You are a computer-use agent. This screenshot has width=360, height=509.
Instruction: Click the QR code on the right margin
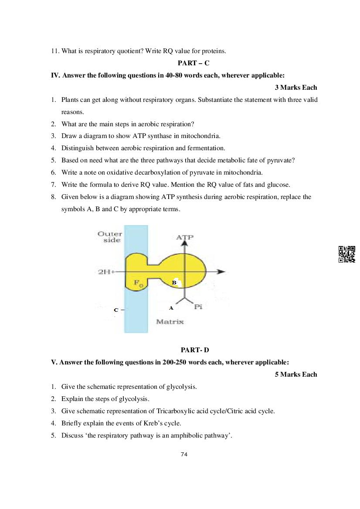347,254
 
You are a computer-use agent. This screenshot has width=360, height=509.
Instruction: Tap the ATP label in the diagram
185,237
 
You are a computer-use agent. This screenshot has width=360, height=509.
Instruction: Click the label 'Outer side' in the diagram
110,237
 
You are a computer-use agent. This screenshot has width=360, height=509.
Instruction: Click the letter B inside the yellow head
174,283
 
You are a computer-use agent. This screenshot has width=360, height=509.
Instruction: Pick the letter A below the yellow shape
171,308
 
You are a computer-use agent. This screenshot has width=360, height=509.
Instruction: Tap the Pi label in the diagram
198,307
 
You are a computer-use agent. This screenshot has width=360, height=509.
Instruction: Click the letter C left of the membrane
116,310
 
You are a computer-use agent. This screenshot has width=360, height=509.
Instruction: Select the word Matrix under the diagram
170,322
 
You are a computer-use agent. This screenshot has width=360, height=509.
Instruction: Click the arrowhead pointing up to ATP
185,244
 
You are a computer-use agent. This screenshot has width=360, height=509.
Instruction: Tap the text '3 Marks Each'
296,88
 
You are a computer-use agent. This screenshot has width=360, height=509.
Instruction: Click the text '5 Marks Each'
296,374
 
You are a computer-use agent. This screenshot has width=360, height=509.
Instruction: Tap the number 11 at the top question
54,51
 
